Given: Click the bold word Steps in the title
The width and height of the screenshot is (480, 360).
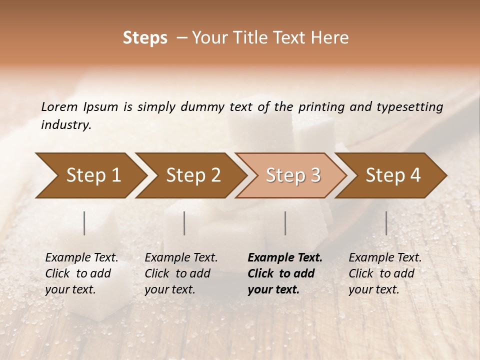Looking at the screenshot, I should point(145,38).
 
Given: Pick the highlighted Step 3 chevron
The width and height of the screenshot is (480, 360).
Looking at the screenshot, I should point(293,175).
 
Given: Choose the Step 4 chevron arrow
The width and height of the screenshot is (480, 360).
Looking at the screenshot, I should point(393,175).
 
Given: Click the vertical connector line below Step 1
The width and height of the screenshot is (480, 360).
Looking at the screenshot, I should point(84,223).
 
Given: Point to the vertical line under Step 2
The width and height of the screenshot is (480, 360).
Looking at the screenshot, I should point(184,223).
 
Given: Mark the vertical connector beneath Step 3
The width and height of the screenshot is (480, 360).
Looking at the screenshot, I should point(285,223).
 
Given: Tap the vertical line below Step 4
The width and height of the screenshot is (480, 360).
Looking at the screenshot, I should point(386,223).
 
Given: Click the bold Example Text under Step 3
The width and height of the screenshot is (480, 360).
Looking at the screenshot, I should point(285,257).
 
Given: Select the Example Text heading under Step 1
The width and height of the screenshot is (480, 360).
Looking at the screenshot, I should point(81,257).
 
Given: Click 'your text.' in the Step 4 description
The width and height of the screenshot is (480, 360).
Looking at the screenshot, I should point(373,289).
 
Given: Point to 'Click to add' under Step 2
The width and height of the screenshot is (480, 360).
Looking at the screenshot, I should point(177,273).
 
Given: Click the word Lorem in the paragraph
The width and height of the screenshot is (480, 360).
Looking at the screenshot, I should point(59,106).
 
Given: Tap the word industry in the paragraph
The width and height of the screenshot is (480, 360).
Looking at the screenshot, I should point(65,125).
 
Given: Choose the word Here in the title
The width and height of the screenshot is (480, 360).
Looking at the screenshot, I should point(330,38).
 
